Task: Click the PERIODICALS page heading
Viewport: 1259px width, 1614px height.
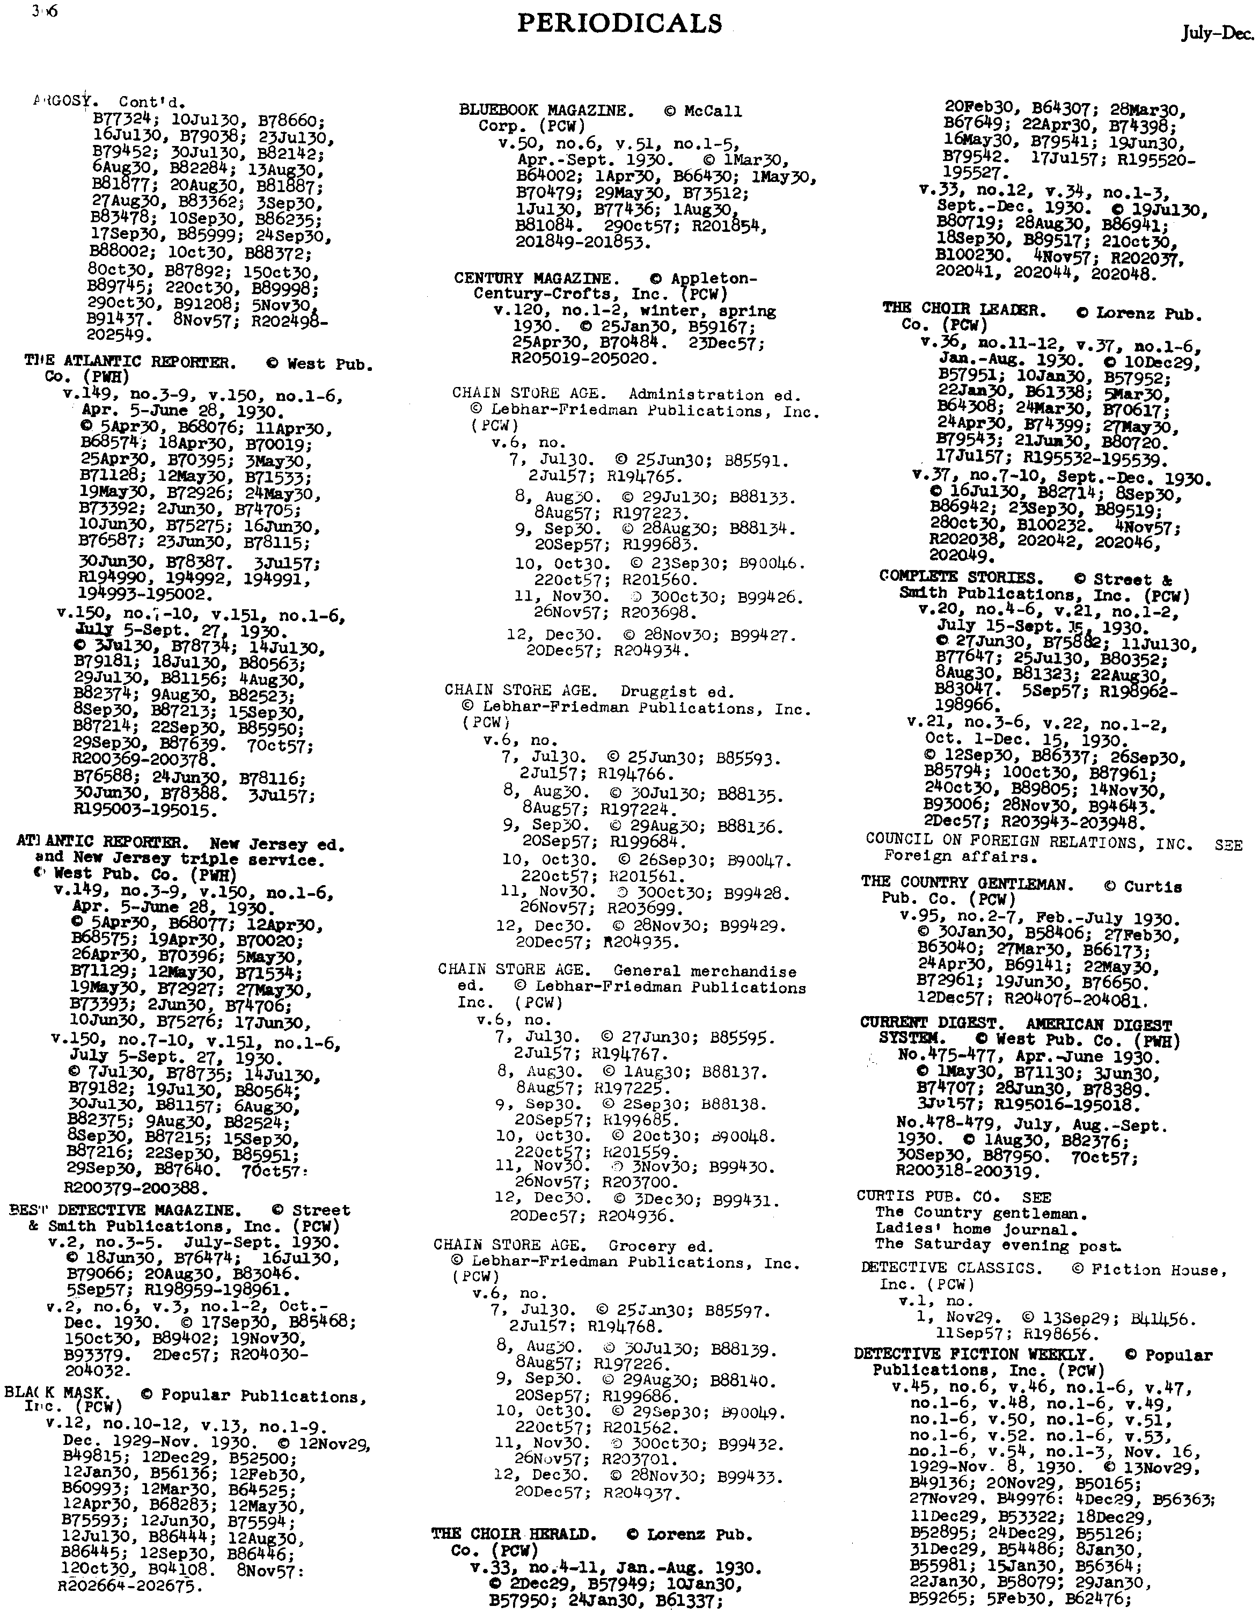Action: (619, 24)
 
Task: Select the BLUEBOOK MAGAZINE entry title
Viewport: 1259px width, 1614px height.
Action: (546, 111)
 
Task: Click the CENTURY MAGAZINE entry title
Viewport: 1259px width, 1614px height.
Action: (533, 279)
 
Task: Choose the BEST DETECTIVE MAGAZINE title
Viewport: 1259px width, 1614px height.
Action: (125, 1210)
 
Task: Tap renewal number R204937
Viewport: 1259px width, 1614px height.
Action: (640, 1494)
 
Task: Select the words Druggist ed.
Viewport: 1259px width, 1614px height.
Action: (677, 692)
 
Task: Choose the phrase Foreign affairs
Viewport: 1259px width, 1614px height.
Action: (961, 857)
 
